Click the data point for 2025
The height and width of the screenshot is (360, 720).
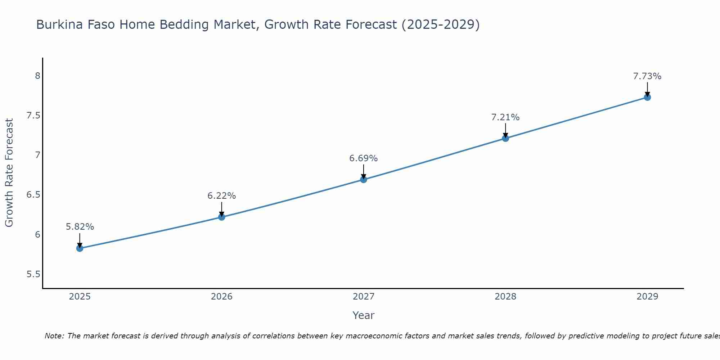tap(80, 248)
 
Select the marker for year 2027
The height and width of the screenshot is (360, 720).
tap(364, 179)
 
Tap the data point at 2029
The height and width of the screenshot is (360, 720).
tap(647, 97)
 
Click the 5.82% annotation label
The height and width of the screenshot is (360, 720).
tap(80, 227)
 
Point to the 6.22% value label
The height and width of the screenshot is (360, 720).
tap(222, 196)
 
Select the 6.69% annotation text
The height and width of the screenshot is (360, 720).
tap(364, 158)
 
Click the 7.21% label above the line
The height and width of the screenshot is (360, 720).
tap(505, 117)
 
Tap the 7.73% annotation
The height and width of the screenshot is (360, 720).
tap(647, 76)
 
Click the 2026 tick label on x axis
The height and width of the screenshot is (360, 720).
tap(222, 297)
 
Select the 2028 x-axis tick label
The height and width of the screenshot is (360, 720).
tap(505, 297)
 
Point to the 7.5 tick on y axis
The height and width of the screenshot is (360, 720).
tap(33, 116)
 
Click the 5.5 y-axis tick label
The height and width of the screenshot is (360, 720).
tap(33, 274)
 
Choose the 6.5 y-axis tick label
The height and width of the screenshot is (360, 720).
tap(33, 195)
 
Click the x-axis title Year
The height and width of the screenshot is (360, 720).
tap(364, 315)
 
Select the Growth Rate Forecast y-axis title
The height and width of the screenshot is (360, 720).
tap(9, 173)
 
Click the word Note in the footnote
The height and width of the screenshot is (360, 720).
tap(54, 336)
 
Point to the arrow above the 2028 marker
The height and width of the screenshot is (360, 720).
tap(505, 130)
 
